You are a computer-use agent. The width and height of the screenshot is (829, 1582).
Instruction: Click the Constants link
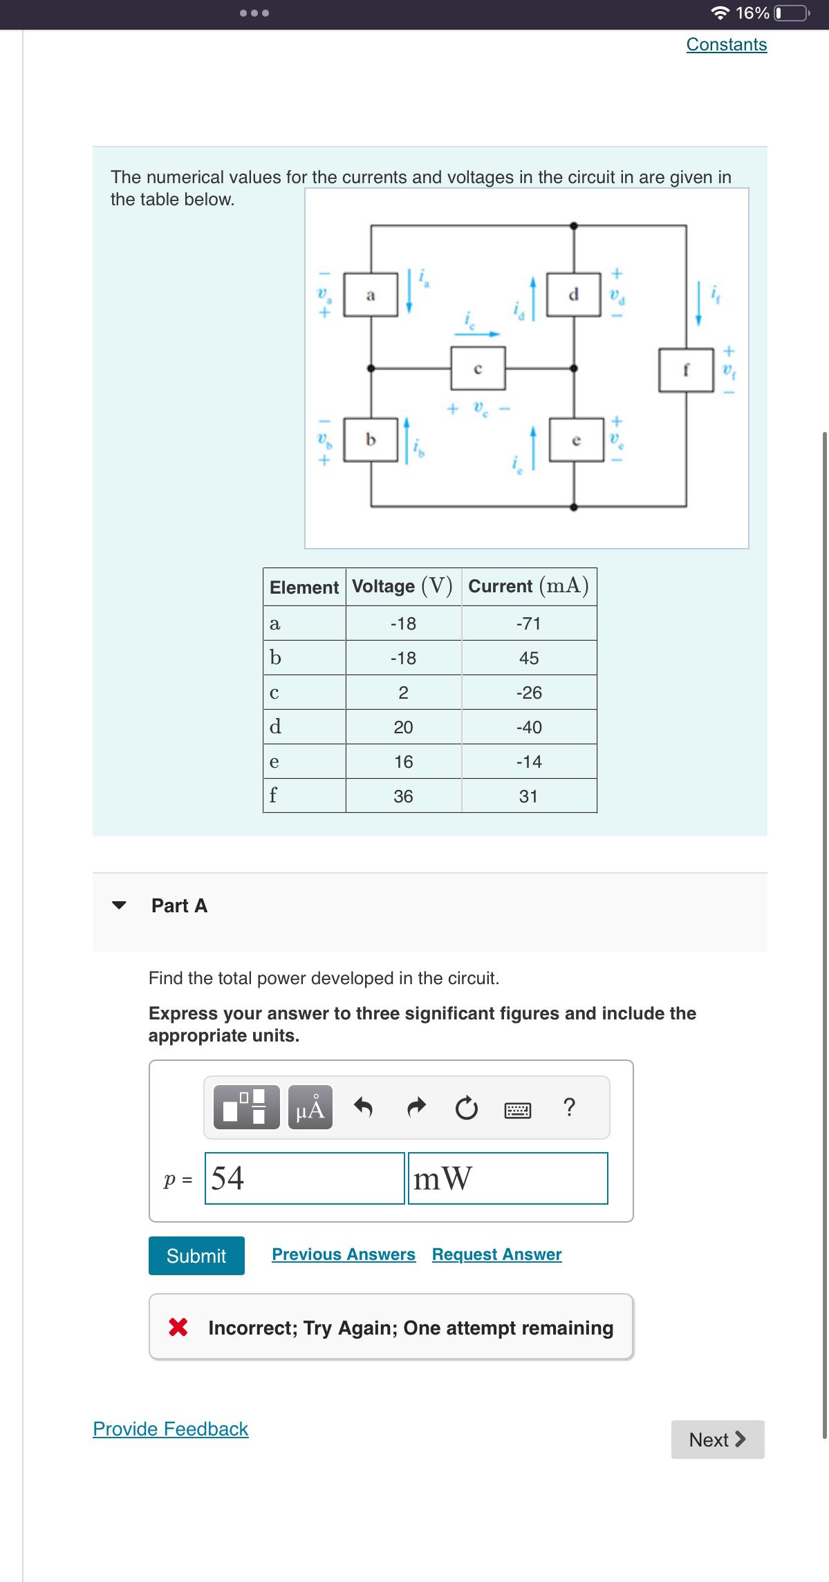pos(726,45)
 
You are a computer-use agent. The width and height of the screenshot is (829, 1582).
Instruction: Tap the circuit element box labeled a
pos(371,295)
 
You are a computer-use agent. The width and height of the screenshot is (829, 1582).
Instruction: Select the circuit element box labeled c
pos(478,368)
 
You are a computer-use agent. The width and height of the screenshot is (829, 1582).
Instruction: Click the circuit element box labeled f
pos(686,370)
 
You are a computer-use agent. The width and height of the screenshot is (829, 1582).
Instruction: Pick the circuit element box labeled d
pos(573,295)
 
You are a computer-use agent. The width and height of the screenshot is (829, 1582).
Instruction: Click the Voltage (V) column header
pos(403,587)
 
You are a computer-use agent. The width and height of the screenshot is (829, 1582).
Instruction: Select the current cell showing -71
pos(529,623)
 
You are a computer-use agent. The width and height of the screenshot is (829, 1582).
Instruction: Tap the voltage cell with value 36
pos(403,796)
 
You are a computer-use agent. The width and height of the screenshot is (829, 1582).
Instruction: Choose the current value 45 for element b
pos(529,658)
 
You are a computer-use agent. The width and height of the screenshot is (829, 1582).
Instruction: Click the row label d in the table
pos(275,727)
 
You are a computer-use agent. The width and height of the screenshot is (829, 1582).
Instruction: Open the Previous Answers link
pos(344,1254)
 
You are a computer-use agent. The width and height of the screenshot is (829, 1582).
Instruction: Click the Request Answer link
pos(496,1254)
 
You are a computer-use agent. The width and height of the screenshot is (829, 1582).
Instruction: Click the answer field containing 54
pos(304,1178)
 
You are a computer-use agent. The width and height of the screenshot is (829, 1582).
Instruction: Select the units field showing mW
pos(507,1178)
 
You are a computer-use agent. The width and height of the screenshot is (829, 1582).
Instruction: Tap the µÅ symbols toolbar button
pos(310,1107)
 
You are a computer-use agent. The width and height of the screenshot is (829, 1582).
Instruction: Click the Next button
pos(717,1440)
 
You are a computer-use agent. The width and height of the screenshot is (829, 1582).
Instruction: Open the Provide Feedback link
pos(171,1429)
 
